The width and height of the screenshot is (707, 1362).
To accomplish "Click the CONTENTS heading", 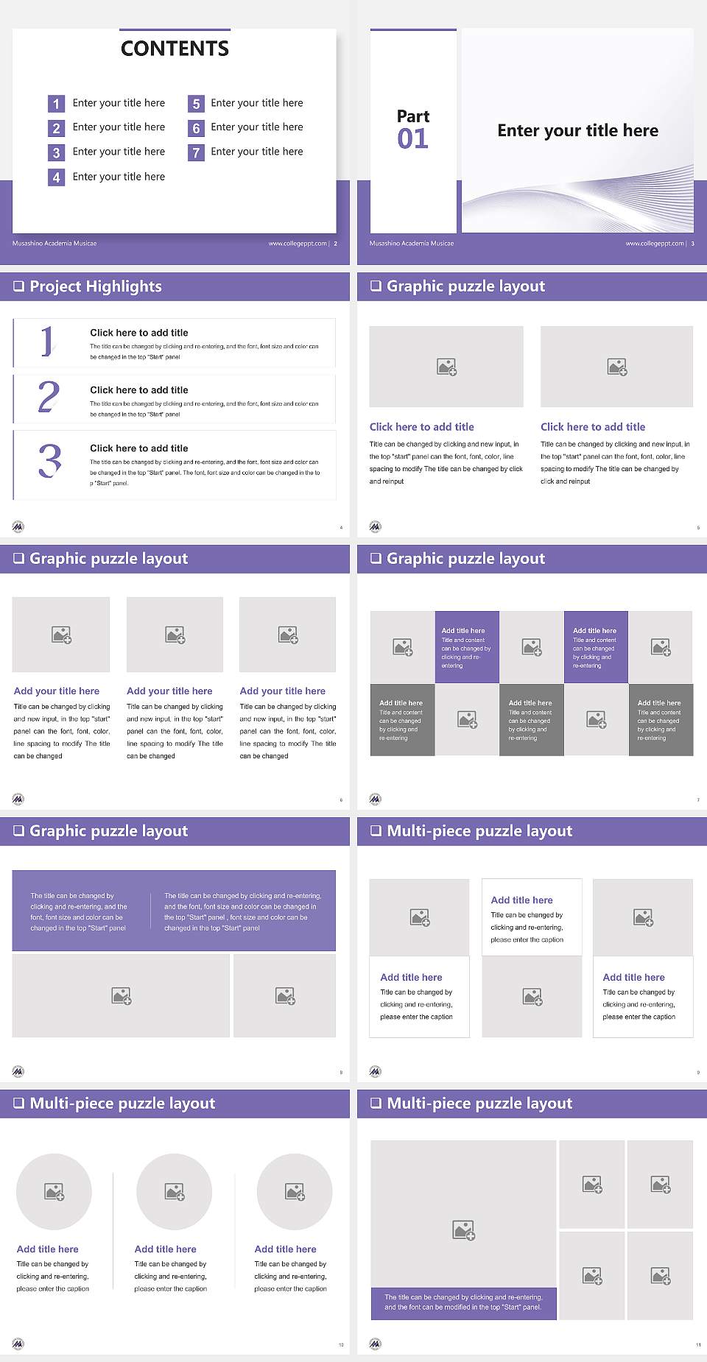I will pos(175,49).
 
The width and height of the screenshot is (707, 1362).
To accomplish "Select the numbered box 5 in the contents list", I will pos(196,104).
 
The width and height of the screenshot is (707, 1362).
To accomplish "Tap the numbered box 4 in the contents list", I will pos(56,177).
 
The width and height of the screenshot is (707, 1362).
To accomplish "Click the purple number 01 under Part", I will pos(412,138).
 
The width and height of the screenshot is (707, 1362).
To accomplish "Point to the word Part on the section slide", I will pos(412,116).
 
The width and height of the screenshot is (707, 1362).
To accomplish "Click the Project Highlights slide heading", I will pos(95,286).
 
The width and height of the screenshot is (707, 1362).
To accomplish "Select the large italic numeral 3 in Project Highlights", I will pos(49,462).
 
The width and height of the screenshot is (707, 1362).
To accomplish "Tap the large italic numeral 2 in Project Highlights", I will pos(49,397).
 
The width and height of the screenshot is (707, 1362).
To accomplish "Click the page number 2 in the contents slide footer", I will pos(336,244).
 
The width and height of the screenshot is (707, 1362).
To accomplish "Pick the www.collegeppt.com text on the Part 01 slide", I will pos(654,244).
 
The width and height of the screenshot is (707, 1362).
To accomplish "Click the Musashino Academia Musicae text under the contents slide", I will pos(54,244).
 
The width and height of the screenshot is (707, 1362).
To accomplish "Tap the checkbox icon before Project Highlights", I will pos(18,286).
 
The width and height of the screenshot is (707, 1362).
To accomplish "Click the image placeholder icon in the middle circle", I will pos(175,1191).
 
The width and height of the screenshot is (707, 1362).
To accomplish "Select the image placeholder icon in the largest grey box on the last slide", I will pos(463,1229).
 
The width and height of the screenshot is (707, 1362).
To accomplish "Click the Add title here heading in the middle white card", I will pos(521,900).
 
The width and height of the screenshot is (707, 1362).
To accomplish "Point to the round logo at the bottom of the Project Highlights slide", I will pos(18,526).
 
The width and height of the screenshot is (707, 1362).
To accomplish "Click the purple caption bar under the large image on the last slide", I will pos(463,1302).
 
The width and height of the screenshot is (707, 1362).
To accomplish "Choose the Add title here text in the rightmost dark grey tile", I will pos(659,703).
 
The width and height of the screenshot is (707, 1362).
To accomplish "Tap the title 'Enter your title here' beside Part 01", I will pos(577,131).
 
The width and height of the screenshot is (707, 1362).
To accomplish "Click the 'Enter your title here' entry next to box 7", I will pos(256,152).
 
